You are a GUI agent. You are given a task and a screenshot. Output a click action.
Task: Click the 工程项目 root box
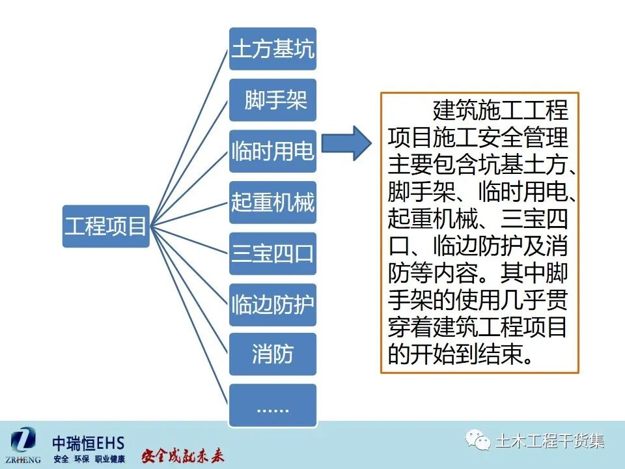coord(105,225)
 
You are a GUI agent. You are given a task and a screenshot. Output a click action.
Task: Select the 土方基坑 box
coord(272,49)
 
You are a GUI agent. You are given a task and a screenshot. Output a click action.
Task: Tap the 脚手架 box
coord(272,100)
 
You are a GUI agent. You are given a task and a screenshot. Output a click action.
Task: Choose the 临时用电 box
coord(272,151)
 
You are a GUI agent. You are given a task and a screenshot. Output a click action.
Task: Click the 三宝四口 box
coord(272,253)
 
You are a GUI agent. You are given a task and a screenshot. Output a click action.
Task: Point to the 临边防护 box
coord(272,304)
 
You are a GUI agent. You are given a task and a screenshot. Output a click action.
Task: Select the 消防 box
coord(272,354)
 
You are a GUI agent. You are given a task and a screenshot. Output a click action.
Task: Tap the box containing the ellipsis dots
coord(272,406)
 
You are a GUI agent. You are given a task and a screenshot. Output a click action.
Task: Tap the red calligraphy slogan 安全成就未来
coord(183,455)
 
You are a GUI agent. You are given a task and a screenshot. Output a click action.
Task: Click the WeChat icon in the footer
coord(481,442)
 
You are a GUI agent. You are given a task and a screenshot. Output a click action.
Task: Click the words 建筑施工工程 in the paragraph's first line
coord(499,109)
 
